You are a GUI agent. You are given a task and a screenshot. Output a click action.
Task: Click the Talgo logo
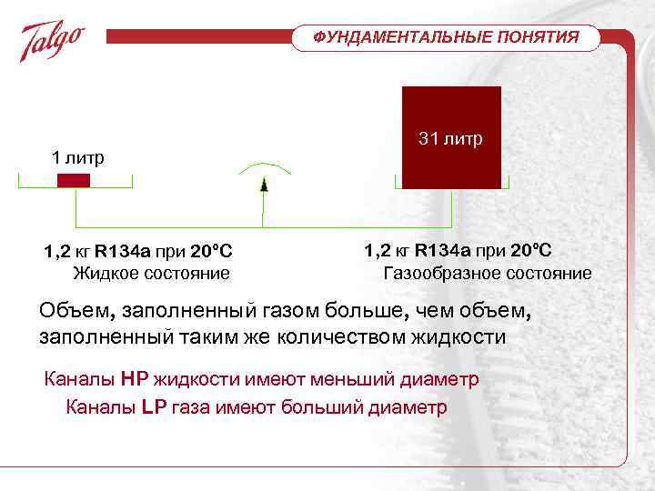[x=53, y=42]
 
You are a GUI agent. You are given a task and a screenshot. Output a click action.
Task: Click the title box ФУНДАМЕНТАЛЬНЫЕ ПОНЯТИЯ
[x=446, y=37]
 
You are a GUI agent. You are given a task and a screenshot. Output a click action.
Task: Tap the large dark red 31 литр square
[x=451, y=137]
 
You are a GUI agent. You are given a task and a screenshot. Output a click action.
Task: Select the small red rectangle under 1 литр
[x=74, y=180]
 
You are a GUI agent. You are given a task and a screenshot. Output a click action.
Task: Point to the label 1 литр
[x=77, y=157]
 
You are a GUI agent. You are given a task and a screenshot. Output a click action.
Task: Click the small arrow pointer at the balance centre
[x=263, y=185]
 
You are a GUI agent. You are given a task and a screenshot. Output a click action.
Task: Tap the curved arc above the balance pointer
[x=263, y=168]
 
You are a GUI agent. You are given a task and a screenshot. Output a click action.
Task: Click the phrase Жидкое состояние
[x=151, y=273]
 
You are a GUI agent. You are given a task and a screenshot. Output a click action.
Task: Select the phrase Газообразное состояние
[x=488, y=273]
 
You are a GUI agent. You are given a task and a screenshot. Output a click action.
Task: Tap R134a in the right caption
[x=447, y=250]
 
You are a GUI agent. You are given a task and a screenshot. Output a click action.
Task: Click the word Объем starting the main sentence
[x=73, y=312]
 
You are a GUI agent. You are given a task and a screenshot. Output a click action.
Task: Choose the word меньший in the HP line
[x=348, y=379]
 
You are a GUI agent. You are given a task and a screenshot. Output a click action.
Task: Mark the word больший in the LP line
[x=321, y=406]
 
